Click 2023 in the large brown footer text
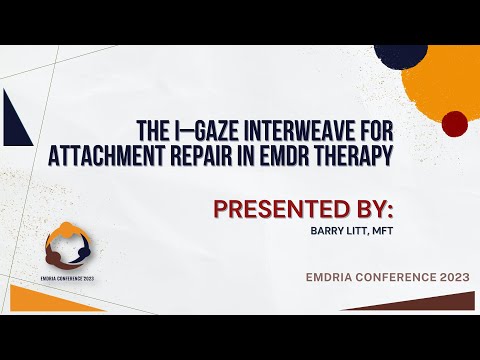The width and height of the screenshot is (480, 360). (x=450, y=275)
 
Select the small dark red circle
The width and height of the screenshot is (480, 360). (x=454, y=124)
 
